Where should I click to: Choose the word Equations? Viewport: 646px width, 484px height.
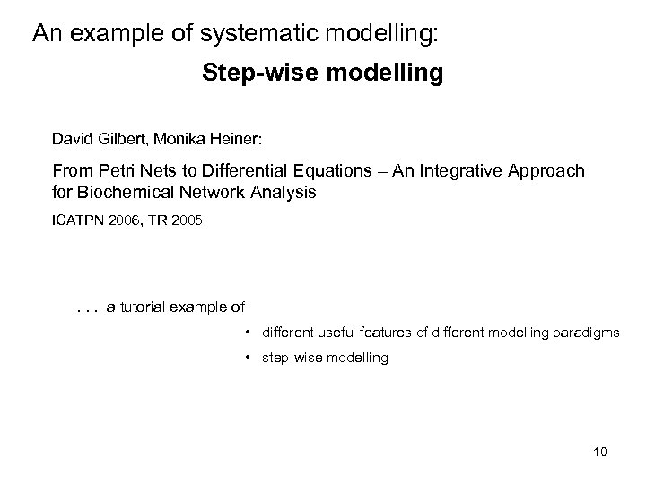[x=327, y=170]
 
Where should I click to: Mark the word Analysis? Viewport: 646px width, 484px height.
[x=285, y=191]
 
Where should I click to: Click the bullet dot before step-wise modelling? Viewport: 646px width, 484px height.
[x=247, y=358]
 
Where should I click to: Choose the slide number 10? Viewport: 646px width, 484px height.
[x=599, y=452]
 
